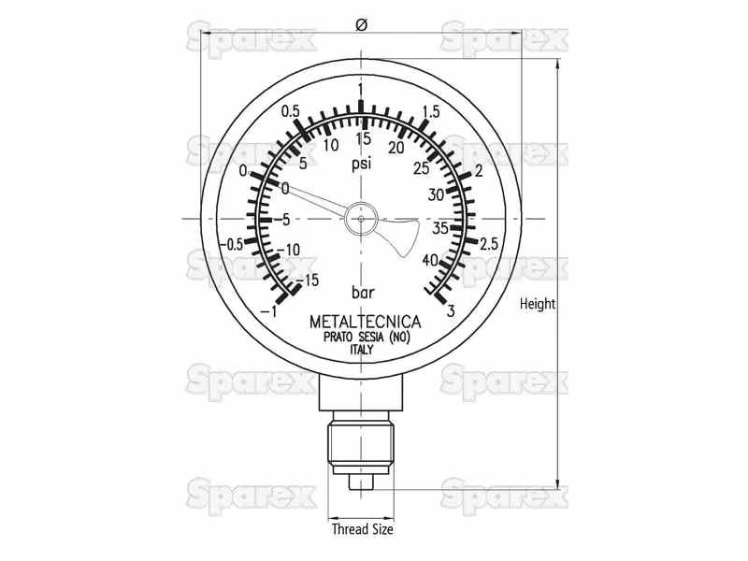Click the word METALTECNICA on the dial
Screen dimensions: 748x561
pos(366,322)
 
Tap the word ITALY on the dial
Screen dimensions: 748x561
pos(362,350)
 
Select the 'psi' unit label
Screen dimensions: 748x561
pos(361,165)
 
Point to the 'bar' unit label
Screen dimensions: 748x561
pos(363,293)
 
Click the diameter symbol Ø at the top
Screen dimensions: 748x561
pos(362,25)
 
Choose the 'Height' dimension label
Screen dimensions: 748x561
pos(538,304)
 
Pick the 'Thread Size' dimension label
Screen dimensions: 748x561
pos(363,529)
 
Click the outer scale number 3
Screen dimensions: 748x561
pos(451,311)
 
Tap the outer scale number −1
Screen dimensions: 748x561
pos(269,311)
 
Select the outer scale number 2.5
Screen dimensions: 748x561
pos(489,244)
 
